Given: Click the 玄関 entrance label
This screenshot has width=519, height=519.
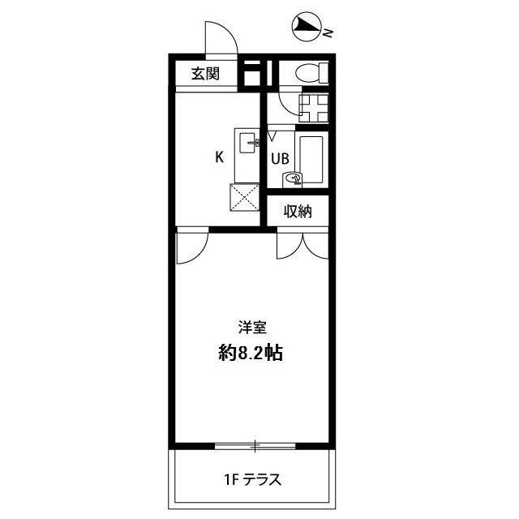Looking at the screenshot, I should click(205, 75).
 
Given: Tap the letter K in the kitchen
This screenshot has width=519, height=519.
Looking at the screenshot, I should click(219, 157).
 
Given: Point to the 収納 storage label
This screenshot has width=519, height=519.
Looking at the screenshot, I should click(298, 212).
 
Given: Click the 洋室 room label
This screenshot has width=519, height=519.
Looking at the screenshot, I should click(252, 328).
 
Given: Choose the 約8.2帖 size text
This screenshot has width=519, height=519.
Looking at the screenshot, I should click(250, 354).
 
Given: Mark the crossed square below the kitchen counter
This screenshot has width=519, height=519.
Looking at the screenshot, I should click(245, 197).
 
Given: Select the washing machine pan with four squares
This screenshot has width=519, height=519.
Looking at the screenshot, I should click(311, 109).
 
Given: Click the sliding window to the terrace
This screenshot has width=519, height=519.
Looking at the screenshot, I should click(255, 445).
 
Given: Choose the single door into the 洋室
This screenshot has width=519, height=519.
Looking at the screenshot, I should click(191, 247).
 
